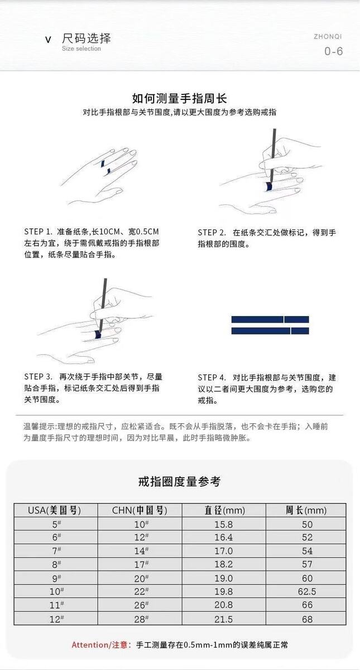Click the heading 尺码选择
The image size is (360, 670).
[x=87, y=39]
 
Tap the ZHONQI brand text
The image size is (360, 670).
[x=328, y=36]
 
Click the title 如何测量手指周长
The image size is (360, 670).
[x=180, y=98]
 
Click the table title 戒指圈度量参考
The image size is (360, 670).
[x=179, y=481]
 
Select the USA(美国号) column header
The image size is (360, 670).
[x=55, y=510]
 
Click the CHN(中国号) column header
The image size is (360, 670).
[x=140, y=510]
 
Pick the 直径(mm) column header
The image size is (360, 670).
[x=224, y=510]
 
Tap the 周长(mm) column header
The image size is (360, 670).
[x=306, y=510]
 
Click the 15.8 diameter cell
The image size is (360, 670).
[x=224, y=524]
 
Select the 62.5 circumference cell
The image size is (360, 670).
[x=307, y=591]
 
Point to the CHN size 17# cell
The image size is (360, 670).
[x=141, y=564]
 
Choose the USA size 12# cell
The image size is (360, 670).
[x=56, y=619]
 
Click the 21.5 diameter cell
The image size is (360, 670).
[x=224, y=619]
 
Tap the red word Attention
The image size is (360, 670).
[x=90, y=644]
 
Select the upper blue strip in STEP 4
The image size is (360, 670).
[x=270, y=319]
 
